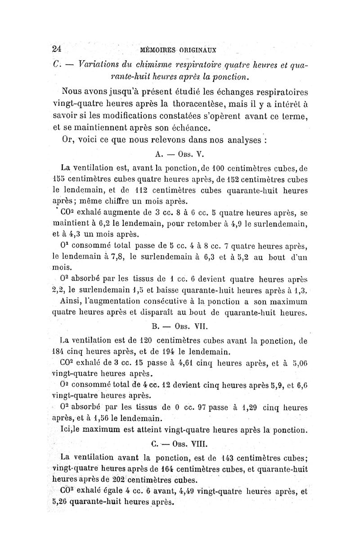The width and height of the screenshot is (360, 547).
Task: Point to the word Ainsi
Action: [73, 301]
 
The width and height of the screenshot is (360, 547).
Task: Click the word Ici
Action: [67, 429]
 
